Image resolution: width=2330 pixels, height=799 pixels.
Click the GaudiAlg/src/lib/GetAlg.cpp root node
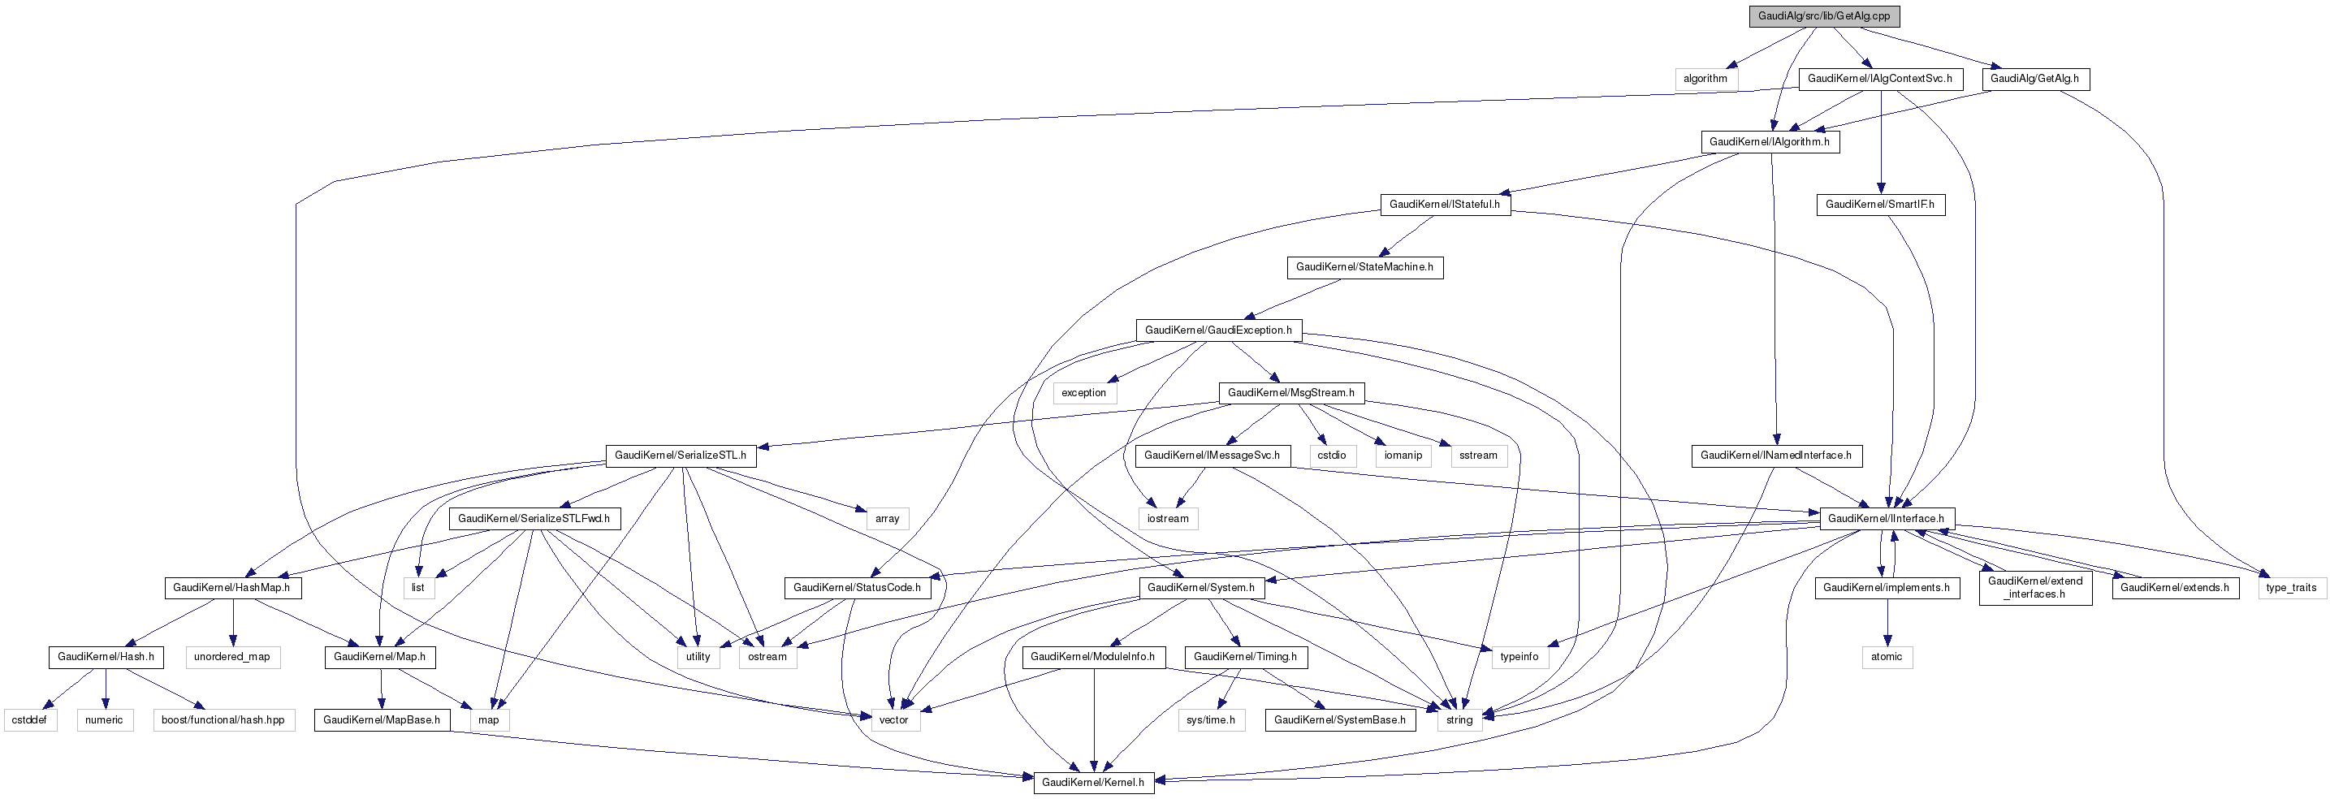click(1823, 16)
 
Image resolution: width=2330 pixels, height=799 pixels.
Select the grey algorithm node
click(1705, 79)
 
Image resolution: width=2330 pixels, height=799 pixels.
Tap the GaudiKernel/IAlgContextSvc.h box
click(1879, 79)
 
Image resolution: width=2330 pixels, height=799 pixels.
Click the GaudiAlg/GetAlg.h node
click(2034, 79)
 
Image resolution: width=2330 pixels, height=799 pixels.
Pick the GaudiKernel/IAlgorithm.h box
click(1769, 142)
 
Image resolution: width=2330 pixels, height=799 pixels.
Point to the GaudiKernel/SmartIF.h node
click(1879, 205)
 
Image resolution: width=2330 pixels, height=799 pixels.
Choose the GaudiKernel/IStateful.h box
click(1445, 205)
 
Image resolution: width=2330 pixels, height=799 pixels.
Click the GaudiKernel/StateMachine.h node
click(1364, 267)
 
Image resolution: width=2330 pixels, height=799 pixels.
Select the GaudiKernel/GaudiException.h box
click(1218, 330)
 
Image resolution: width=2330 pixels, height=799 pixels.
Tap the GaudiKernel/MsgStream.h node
click(1290, 393)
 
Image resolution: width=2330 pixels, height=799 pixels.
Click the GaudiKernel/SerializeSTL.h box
click(681, 456)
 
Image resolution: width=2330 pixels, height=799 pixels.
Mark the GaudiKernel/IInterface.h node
click(1886, 519)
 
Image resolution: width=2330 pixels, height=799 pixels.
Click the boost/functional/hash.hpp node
click(223, 720)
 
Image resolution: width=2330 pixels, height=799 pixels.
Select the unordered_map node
click(231, 657)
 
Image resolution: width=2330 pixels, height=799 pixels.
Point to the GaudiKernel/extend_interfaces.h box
click(2035, 588)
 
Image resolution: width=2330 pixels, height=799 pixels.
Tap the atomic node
click(1886, 657)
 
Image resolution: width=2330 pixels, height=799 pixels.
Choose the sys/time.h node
click(1210, 720)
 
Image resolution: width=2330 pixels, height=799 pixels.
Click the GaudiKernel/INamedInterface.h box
click(1775, 456)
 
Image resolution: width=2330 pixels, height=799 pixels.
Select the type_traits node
click(2291, 588)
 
